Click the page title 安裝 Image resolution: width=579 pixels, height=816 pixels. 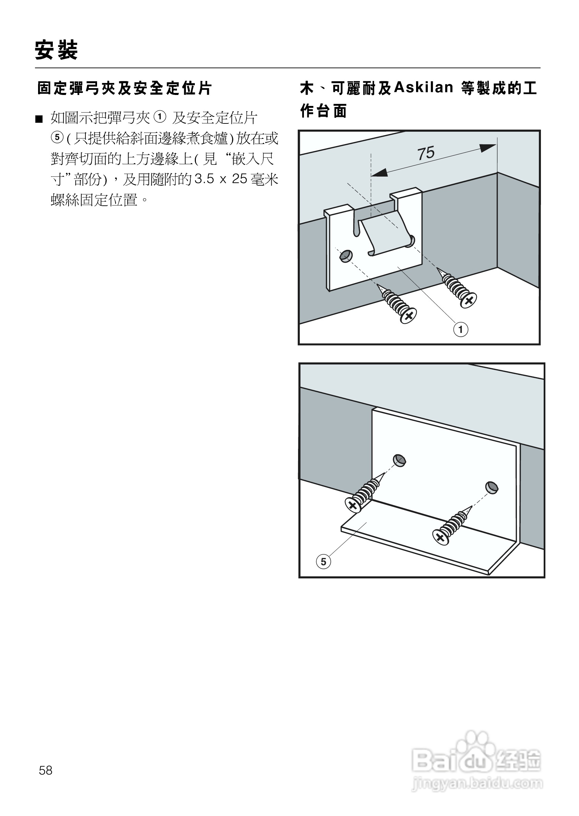(56, 50)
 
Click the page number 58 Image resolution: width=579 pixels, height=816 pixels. (46, 771)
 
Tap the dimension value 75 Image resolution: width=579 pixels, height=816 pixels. (426, 153)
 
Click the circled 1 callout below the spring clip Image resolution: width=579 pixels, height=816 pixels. (461, 329)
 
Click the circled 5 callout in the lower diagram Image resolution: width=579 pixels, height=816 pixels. (323, 562)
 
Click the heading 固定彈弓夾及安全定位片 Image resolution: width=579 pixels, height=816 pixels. (125, 88)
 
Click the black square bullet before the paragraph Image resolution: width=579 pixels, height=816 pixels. (39, 119)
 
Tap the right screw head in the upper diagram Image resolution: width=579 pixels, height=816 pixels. (469, 300)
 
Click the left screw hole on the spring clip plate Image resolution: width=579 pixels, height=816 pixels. (346, 256)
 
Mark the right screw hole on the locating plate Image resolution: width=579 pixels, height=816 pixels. (492, 488)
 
